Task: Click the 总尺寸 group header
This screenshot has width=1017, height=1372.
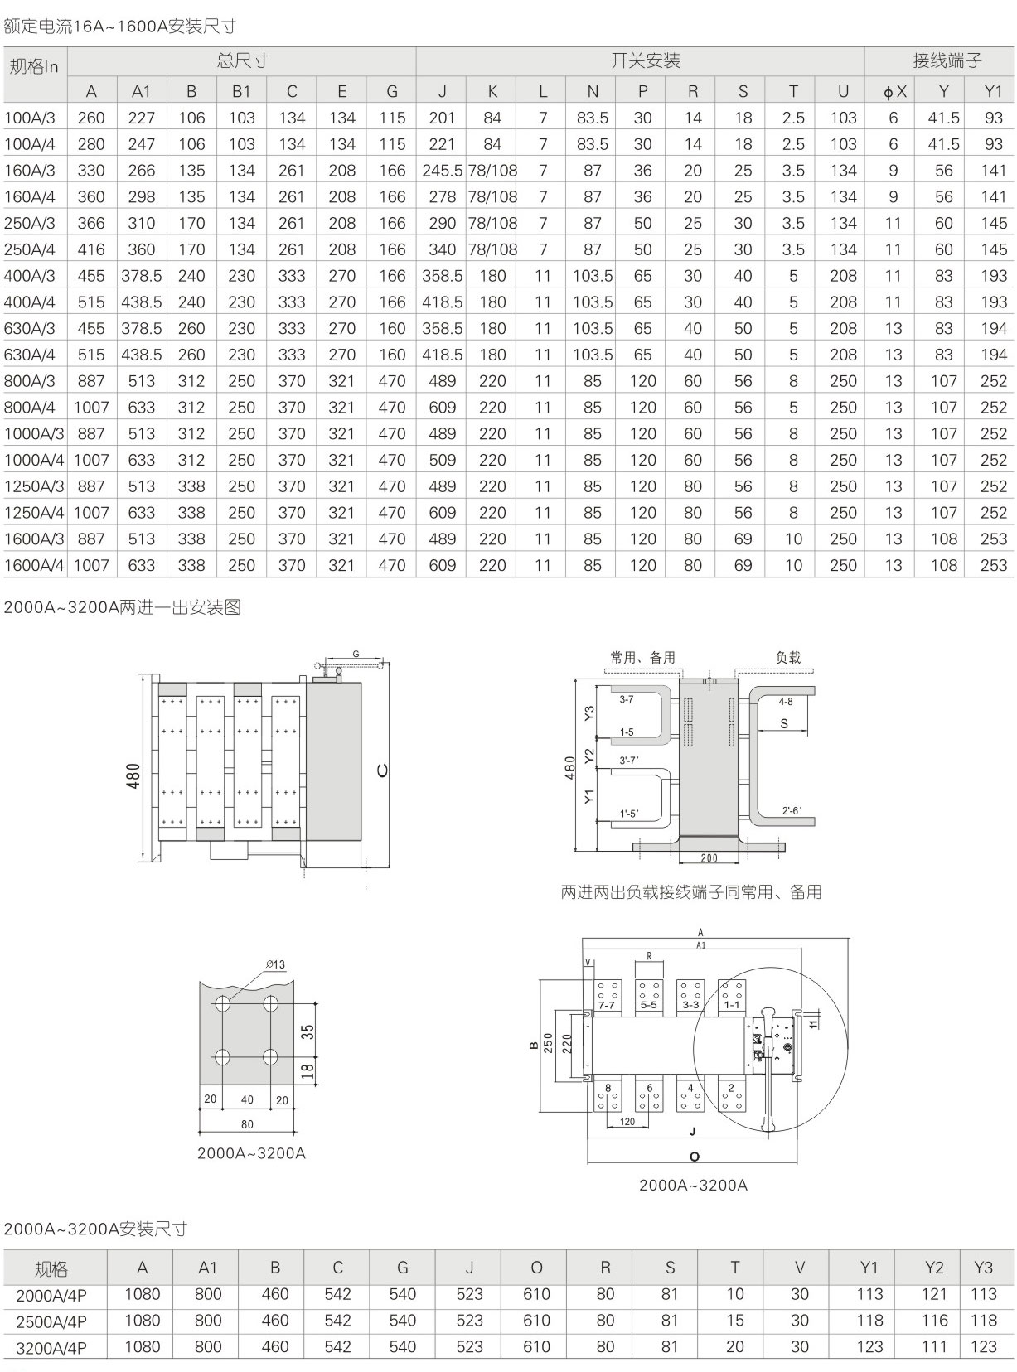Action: (x=241, y=60)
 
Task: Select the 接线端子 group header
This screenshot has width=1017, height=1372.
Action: (x=947, y=60)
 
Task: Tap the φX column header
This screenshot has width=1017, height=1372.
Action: (x=894, y=91)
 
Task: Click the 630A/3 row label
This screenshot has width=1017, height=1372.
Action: (x=30, y=328)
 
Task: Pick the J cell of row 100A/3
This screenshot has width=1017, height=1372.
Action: (x=442, y=118)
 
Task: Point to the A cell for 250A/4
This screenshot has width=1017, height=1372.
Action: (x=91, y=250)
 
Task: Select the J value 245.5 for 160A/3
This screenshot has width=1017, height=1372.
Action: (x=442, y=171)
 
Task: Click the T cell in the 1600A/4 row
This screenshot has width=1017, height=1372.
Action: (x=793, y=565)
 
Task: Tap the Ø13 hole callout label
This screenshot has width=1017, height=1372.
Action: (x=275, y=964)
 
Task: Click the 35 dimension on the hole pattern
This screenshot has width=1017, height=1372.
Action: (x=308, y=1031)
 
